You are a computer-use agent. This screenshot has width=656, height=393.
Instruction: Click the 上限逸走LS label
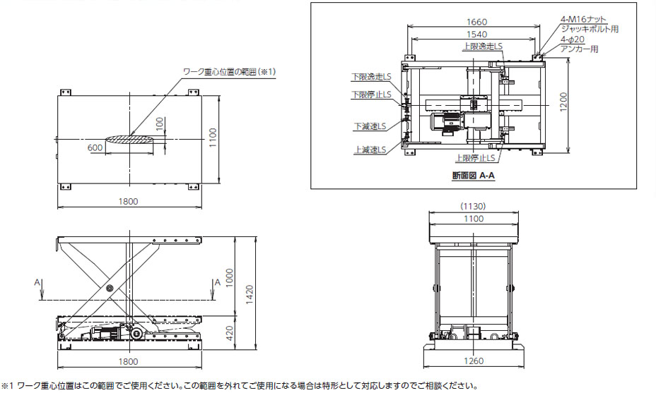click(483, 46)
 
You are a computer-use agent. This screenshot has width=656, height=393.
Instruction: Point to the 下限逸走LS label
click(368, 76)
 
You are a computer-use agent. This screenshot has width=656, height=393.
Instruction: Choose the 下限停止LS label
click(368, 94)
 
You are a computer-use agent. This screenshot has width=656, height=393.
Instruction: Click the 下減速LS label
click(370, 127)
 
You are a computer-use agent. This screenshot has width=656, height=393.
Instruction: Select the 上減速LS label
click(370, 150)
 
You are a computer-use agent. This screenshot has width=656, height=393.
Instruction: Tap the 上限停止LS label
click(474, 158)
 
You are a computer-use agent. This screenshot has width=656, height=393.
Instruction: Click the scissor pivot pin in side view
click(110, 289)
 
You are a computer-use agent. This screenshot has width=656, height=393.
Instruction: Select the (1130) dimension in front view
click(473, 207)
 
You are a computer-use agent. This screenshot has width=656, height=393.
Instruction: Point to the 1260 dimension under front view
click(474, 361)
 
